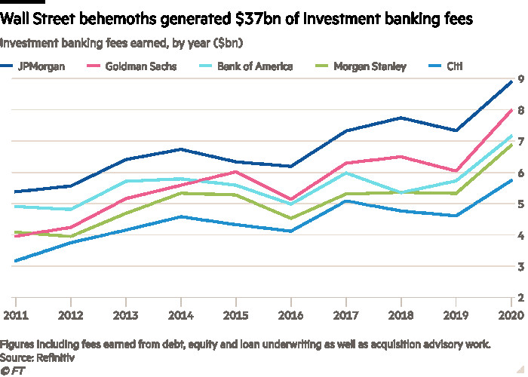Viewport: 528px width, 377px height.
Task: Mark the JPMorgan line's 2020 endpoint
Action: (512, 82)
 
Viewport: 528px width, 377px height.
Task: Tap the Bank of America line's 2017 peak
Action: (347, 173)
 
